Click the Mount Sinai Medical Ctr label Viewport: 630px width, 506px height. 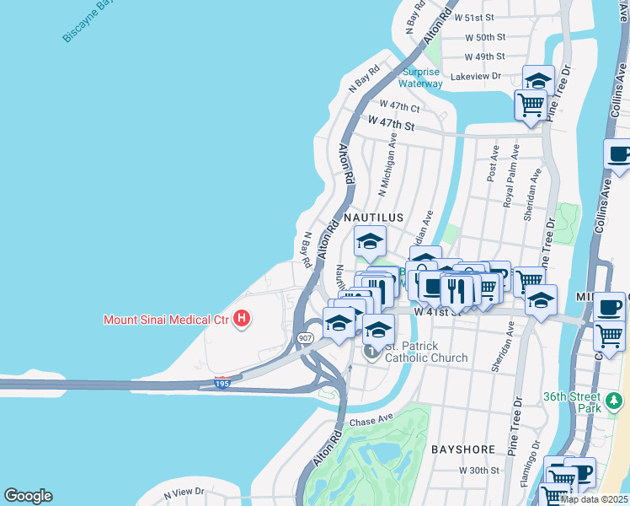pos(166,320)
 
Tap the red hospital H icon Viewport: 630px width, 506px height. pos(243,319)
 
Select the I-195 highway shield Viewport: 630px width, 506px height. pos(222,383)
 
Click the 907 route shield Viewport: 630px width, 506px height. pos(305,337)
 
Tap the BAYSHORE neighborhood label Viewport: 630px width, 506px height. pos(462,450)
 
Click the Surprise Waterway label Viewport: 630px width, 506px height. pos(421,78)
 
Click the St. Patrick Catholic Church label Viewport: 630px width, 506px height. pos(426,353)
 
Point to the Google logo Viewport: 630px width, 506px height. pos(28,496)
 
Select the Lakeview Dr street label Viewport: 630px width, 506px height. pos(476,76)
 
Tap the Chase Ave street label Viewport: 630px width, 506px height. pos(371,418)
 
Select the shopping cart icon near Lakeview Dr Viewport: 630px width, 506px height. pos(530,105)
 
